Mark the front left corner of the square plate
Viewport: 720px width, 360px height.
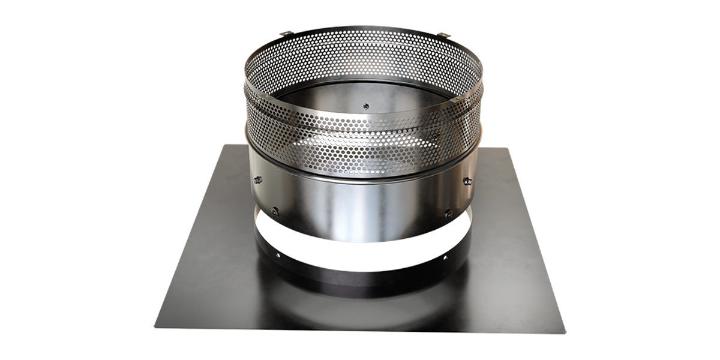pyautogui.click(x=155, y=328)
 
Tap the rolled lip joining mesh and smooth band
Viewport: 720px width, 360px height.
pyautogui.click(x=360, y=175)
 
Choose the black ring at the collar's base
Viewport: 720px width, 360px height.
pyautogui.click(x=360, y=273)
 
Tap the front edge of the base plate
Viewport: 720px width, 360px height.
pyautogui.click(x=360, y=329)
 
